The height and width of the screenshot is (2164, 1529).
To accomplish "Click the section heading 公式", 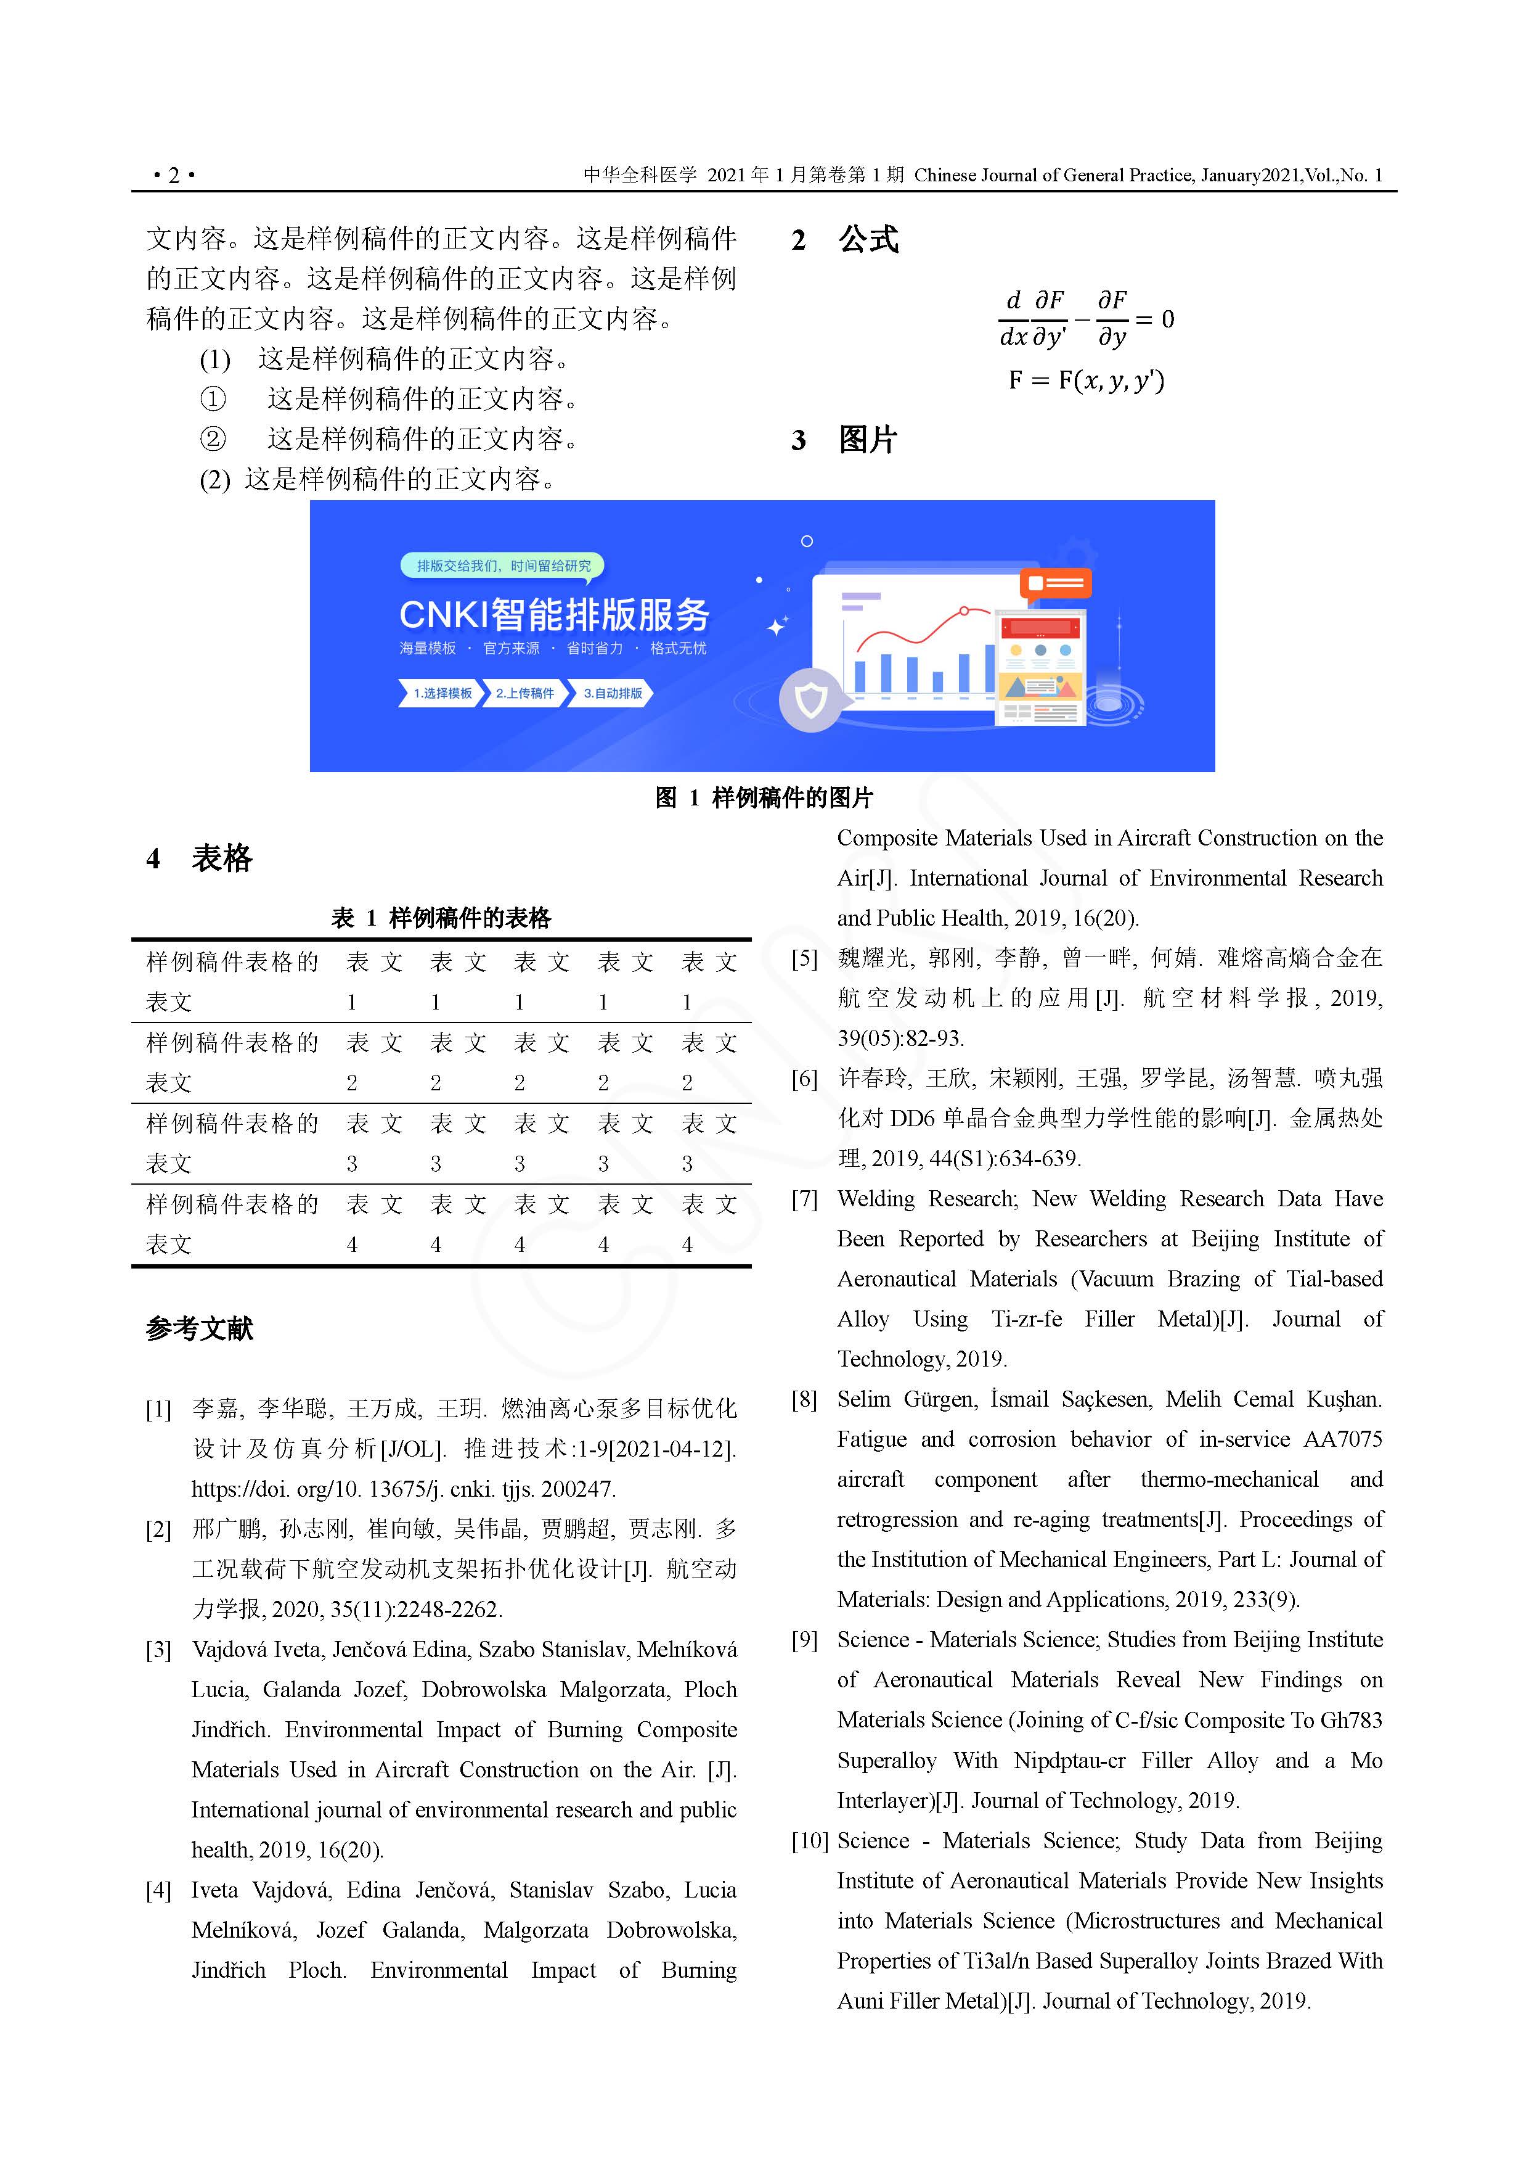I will (x=868, y=239).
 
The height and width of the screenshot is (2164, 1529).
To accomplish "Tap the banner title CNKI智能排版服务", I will (x=554, y=614).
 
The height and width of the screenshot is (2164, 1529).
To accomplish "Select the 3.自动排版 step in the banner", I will (x=613, y=693).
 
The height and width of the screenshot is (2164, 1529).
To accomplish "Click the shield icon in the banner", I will (x=810, y=699).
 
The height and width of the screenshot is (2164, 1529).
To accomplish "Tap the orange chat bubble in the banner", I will (x=1055, y=583).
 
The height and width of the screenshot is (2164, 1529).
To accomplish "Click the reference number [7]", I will (x=804, y=1199).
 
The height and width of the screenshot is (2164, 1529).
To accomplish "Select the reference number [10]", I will (x=809, y=1841).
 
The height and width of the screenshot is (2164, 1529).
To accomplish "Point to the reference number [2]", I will (x=158, y=1529).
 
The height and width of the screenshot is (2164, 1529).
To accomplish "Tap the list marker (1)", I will (x=215, y=359).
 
